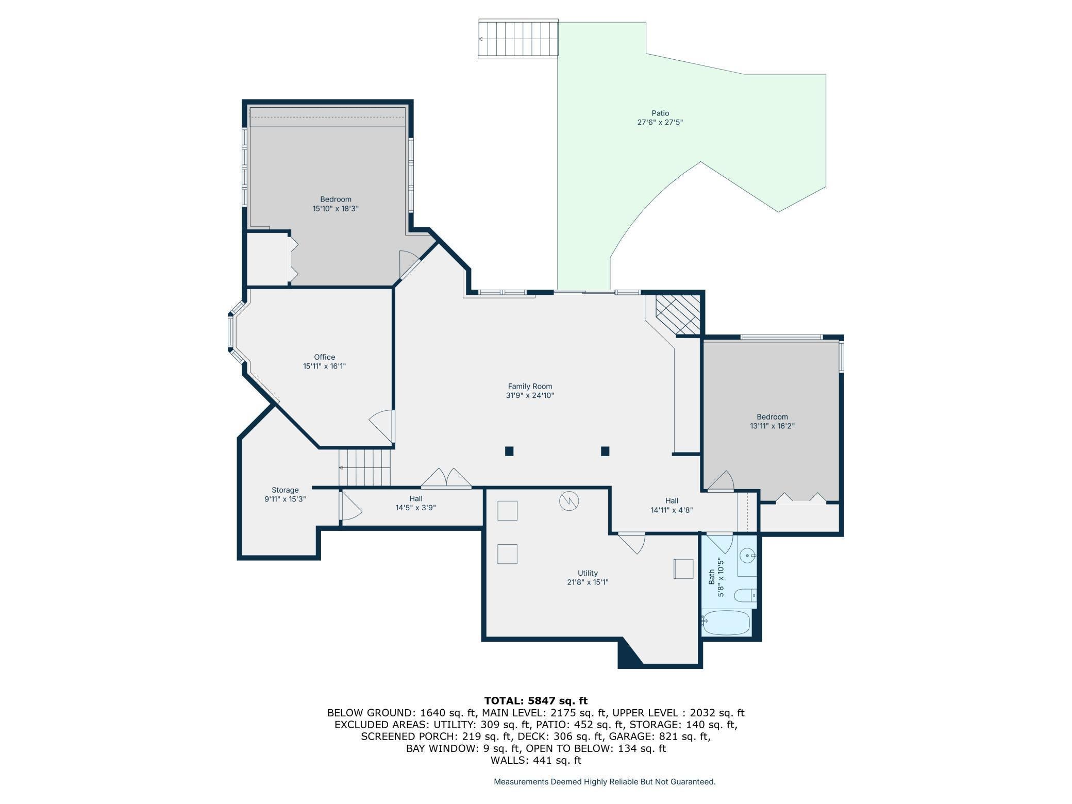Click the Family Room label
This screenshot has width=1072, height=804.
click(x=530, y=386)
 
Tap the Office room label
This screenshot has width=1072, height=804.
click(x=324, y=357)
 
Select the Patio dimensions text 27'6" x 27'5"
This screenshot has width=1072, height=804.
click(x=660, y=123)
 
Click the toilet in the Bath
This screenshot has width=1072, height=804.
click(x=744, y=596)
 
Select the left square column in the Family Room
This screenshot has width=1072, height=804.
click(x=509, y=451)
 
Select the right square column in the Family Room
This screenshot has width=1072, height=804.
click(x=605, y=451)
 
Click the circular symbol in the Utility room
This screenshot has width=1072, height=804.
click(x=569, y=501)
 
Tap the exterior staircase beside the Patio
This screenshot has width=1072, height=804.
click(x=518, y=39)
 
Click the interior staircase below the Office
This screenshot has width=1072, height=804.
click(x=364, y=467)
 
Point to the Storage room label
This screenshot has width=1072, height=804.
click(x=285, y=490)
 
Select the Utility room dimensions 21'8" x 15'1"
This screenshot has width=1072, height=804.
click(x=588, y=582)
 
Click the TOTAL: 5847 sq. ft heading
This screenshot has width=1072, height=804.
click(x=535, y=700)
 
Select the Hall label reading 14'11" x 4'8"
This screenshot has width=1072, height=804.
click(x=671, y=510)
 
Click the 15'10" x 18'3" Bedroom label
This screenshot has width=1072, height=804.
click(x=336, y=209)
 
